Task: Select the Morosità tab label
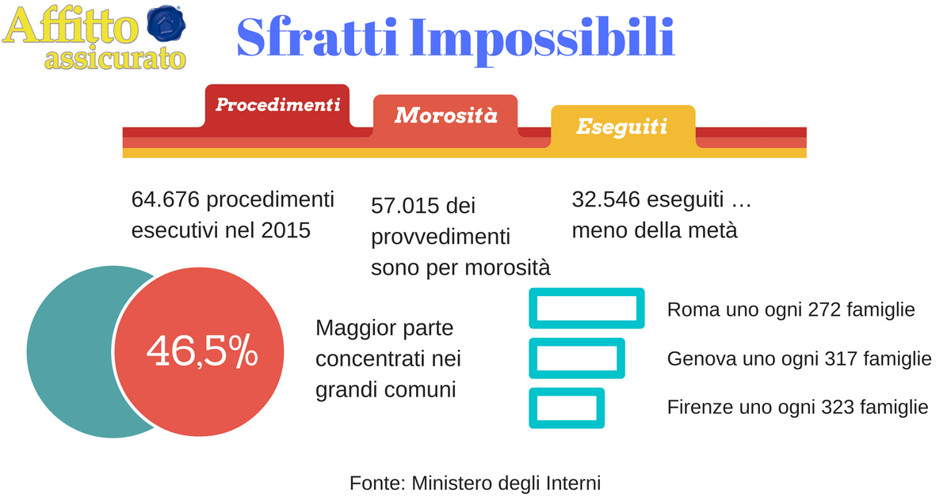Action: (445, 116)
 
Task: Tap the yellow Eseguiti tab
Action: (623, 127)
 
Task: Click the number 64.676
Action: (165, 199)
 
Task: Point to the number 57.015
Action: (405, 206)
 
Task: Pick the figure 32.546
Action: (605, 199)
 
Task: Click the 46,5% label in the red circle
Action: (202, 351)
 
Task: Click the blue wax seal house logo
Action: (166, 23)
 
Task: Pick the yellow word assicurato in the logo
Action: (115, 59)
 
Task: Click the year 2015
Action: (286, 230)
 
